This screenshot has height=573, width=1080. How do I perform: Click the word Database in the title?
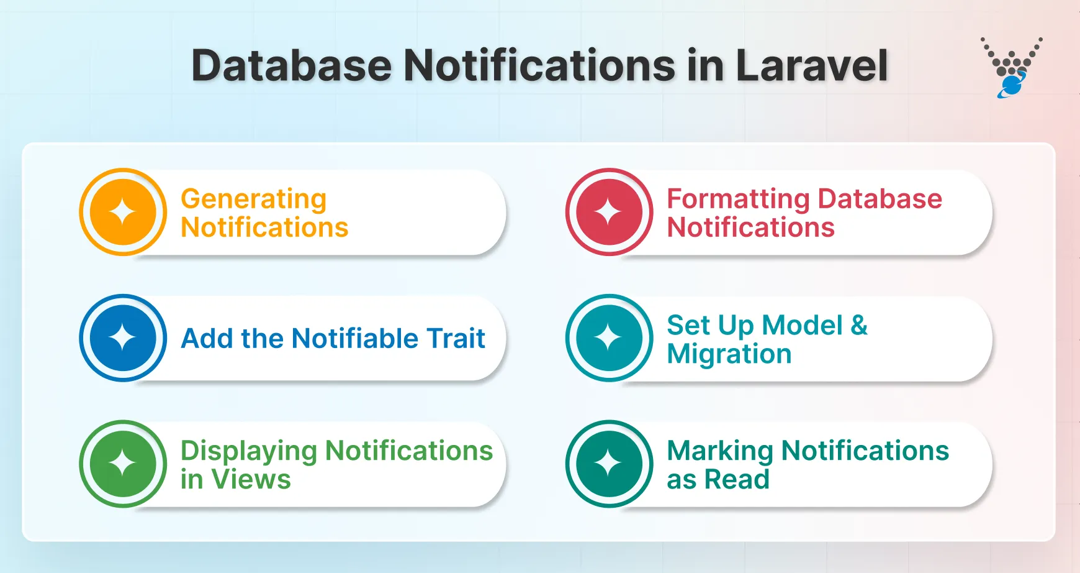pos(292,65)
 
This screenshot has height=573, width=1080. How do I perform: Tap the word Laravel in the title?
pos(811,65)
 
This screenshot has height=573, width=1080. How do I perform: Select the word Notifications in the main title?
pos(539,65)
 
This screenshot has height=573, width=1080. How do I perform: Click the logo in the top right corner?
pos(1012,67)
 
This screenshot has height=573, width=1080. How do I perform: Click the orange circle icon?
pos(123,212)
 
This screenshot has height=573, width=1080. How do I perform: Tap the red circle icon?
pos(609,212)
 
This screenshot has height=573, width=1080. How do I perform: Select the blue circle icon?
pos(123,338)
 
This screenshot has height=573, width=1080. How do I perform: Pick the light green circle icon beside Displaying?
pos(123,464)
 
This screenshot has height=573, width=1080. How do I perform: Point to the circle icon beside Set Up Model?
pos(609,338)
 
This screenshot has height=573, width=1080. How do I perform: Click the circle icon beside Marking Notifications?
pos(609,464)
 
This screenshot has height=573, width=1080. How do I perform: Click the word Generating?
pos(253,199)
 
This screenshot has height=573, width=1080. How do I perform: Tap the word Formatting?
pos(738,199)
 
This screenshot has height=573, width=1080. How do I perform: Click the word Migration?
pos(729,354)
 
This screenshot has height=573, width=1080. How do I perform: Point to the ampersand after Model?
pos(859,325)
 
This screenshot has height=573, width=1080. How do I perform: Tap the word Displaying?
pos(248,451)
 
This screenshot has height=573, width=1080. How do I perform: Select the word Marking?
pos(720,451)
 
